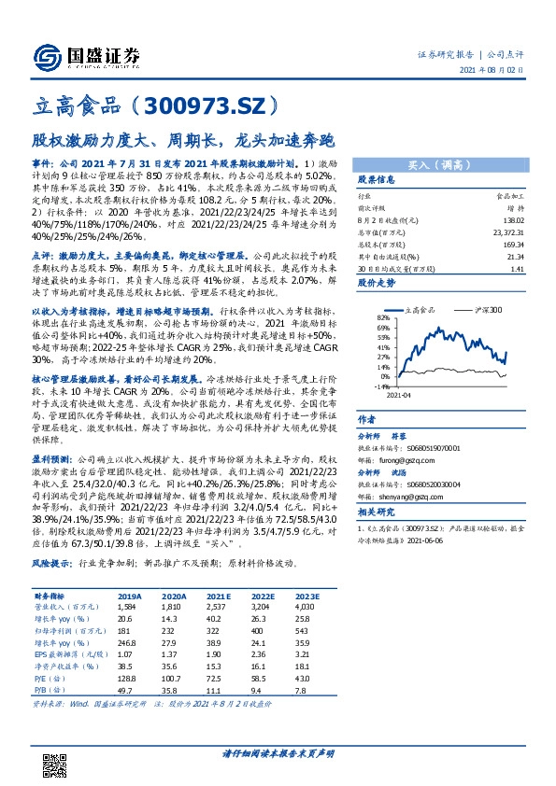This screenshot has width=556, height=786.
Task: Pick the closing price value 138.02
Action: [x=504, y=216]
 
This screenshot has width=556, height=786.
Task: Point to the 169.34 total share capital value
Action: [x=504, y=243]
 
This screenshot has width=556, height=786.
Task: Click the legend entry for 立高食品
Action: [x=426, y=308]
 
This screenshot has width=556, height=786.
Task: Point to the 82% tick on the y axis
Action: [x=381, y=317]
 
